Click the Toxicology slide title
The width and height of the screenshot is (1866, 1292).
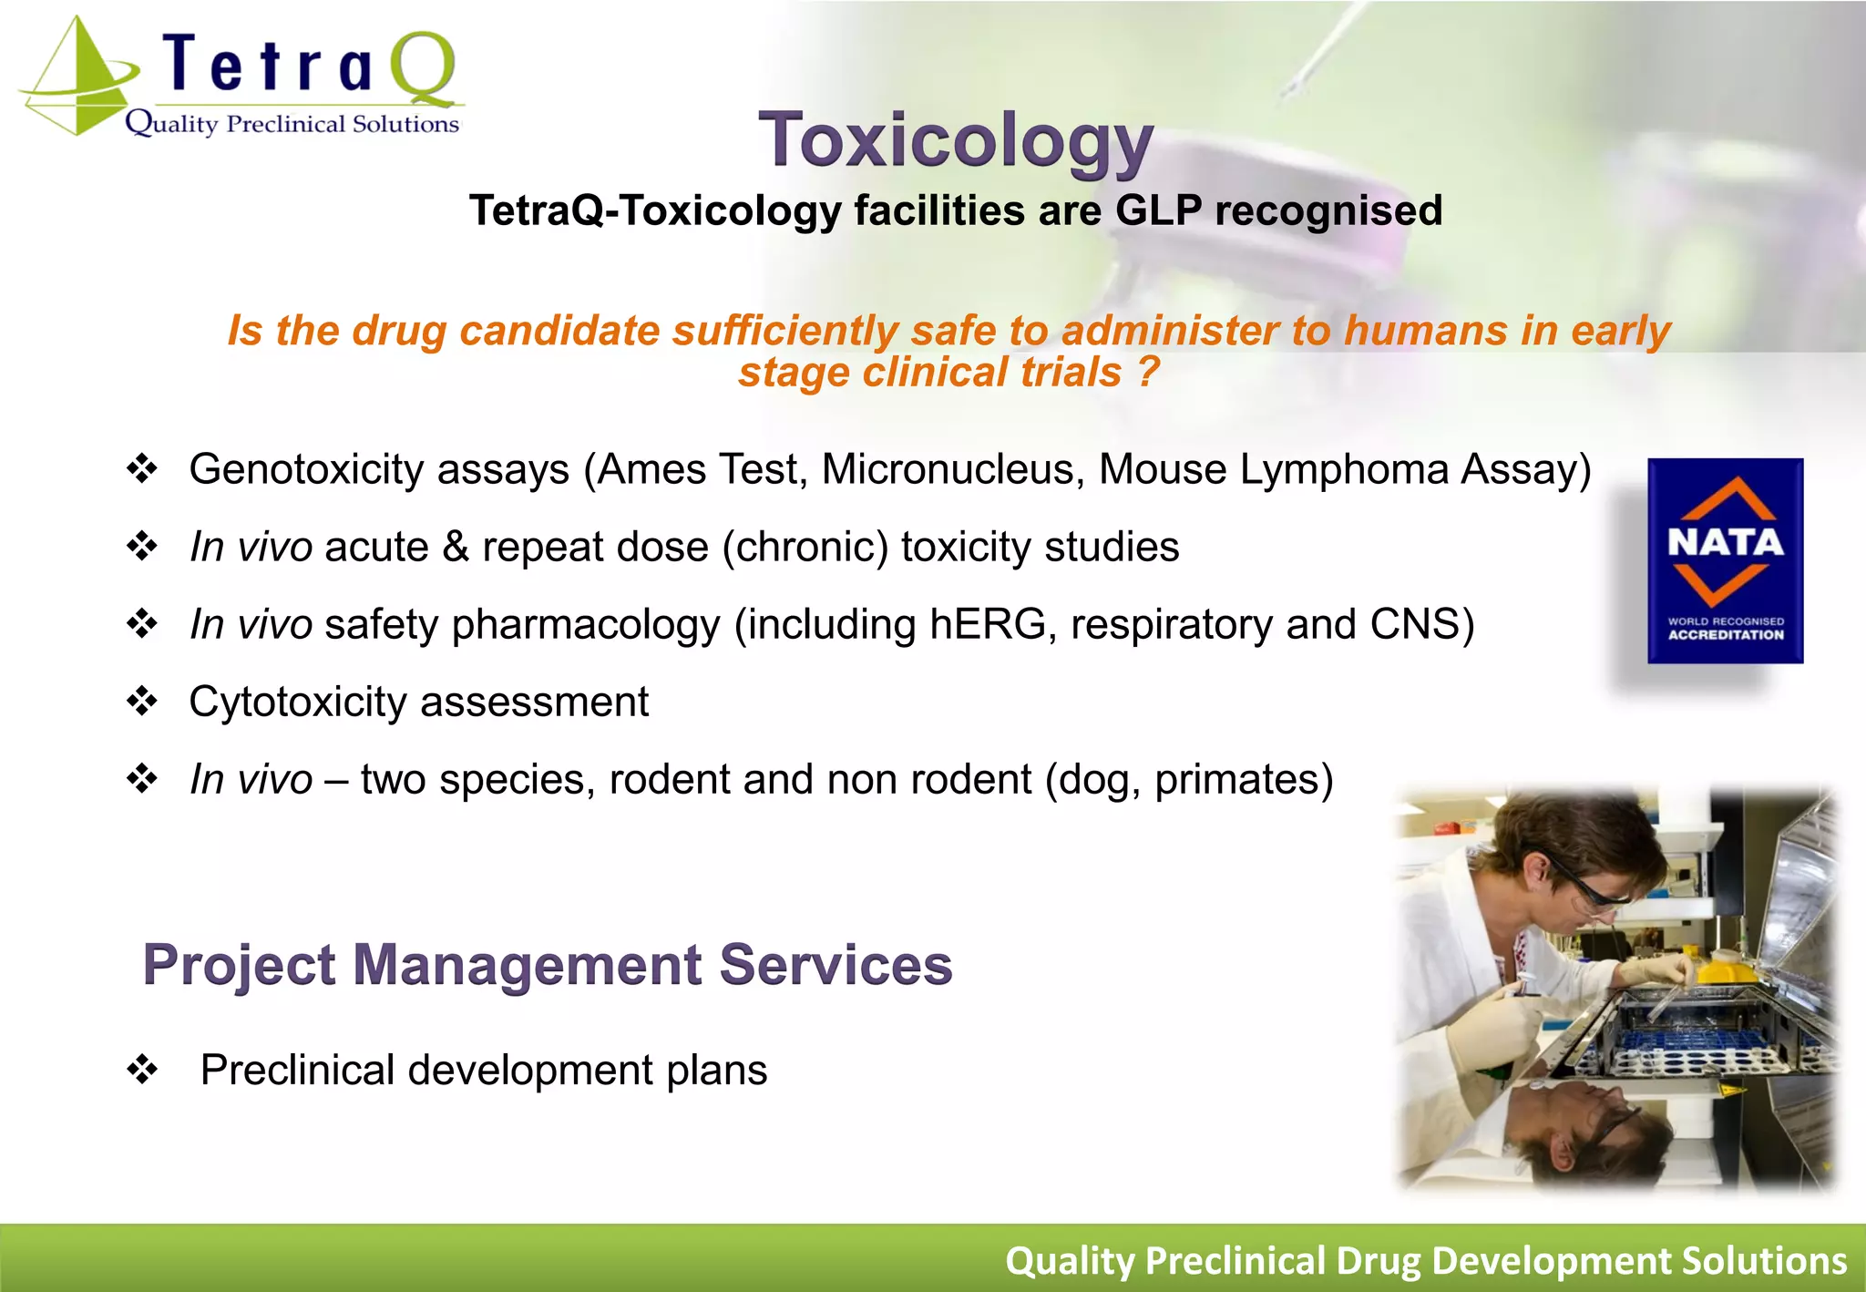[x=956, y=141]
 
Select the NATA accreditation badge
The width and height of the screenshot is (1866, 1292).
[x=1725, y=560]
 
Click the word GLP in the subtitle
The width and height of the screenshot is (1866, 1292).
[x=1158, y=210]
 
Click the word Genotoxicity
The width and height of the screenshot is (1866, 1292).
[x=306, y=470]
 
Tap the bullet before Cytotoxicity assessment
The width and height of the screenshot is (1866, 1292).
[x=142, y=702]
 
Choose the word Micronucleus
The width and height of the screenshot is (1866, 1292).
[x=952, y=470]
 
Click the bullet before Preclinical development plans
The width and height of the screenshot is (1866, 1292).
[x=142, y=1070]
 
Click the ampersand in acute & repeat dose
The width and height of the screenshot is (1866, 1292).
[x=456, y=548]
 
